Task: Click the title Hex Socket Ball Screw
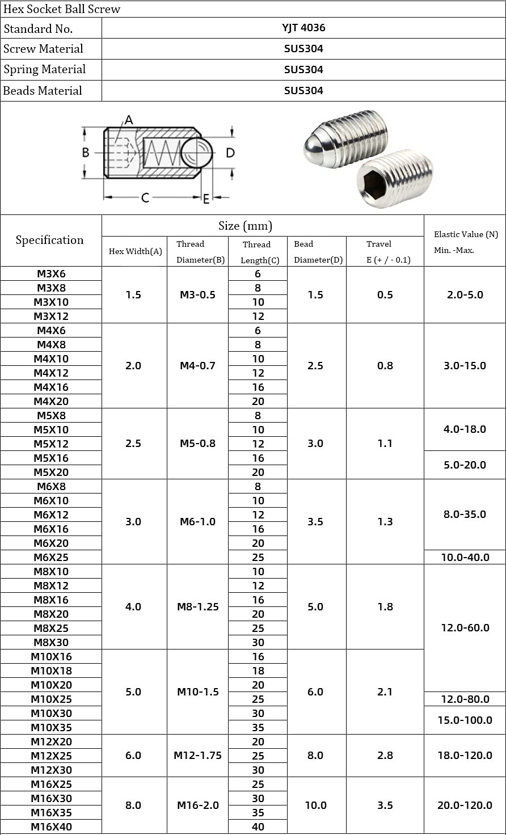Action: pos(62,9)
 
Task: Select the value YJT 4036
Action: pos(304,28)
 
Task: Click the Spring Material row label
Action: pos(45,70)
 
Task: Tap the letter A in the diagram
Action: pos(129,120)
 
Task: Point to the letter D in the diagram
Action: pos(230,153)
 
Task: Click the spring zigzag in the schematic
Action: pos(162,153)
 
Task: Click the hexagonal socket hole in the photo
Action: pos(374,184)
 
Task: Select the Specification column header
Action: pos(50,240)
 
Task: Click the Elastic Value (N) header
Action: pos(465,234)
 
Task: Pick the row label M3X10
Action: pos(51,302)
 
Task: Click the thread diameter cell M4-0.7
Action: pos(197,366)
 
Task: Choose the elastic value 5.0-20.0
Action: pos(465,465)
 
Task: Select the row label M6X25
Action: pos(51,557)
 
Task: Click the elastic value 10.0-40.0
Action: pos(465,557)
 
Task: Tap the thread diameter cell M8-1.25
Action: pos(197,607)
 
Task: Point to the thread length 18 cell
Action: pos(258,670)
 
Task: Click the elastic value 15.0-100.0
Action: pos(465,720)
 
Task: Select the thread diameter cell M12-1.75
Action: pos(197,756)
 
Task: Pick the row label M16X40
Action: pos(51,826)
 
